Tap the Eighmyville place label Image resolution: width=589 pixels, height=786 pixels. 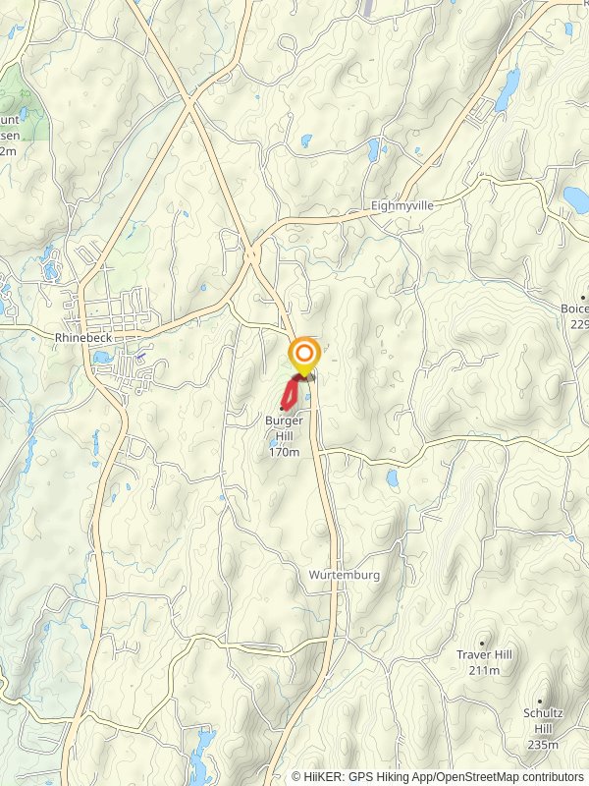click(x=402, y=206)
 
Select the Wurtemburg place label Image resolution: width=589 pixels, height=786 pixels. click(x=344, y=574)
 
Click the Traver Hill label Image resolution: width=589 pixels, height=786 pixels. click(x=484, y=654)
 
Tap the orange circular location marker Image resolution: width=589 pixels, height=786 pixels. click(x=304, y=354)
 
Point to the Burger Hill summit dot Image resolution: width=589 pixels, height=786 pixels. click(x=283, y=408)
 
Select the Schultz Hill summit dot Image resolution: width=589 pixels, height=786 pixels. click(x=543, y=702)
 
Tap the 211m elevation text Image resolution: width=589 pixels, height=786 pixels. click(x=484, y=670)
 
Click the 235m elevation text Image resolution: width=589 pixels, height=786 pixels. click(x=542, y=746)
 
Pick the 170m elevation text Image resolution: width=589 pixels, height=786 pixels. click(x=284, y=452)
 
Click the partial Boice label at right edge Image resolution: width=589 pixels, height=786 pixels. click(x=574, y=309)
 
